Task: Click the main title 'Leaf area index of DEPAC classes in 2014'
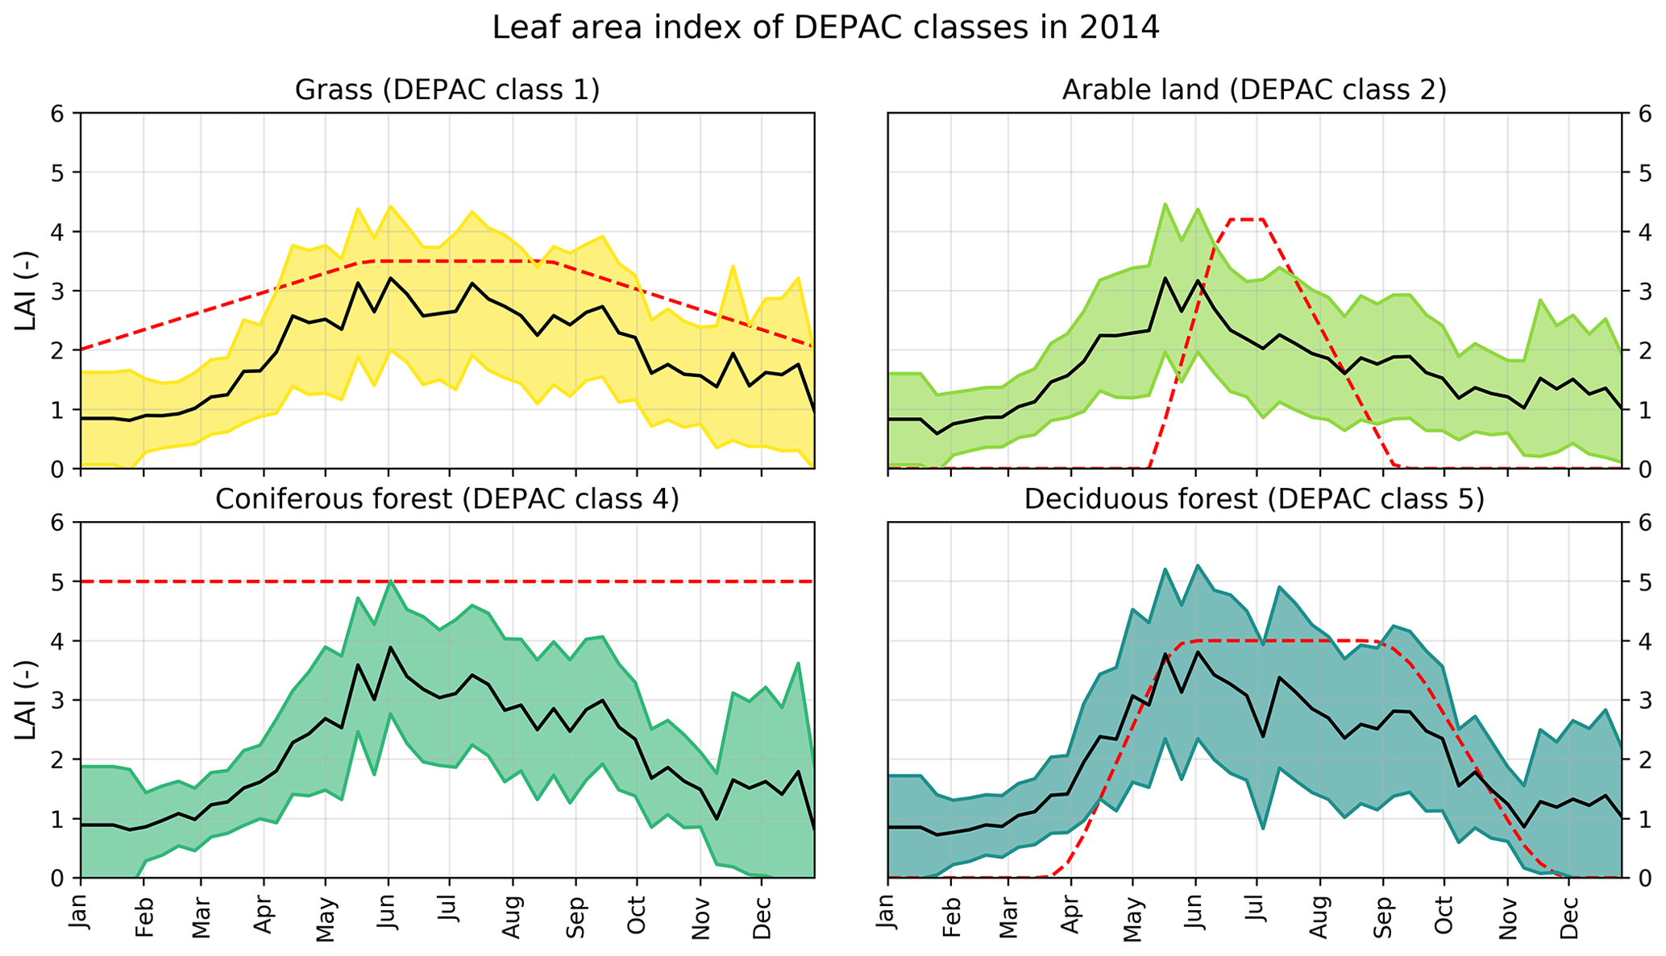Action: pos(825,28)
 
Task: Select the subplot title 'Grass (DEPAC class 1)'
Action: pos(447,89)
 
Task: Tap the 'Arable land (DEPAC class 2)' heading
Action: pos(1254,89)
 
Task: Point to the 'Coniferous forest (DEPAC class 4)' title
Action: pos(447,499)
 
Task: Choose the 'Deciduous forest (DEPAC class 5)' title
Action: pos(1254,499)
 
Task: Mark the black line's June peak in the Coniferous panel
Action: pos(388,648)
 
